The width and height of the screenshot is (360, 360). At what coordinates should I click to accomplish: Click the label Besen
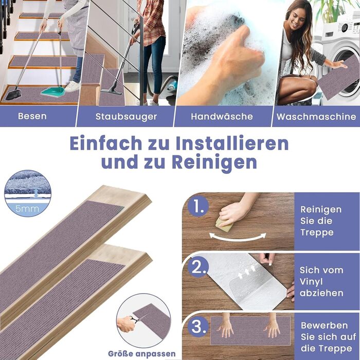point(32,116)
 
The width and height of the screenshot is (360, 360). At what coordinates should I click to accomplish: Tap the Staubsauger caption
point(127,117)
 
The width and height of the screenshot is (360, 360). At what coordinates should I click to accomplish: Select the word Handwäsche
point(222,116)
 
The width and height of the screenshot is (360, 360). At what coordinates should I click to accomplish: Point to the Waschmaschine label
point(316,117)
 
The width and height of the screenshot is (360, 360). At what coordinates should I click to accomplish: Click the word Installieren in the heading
point(232,143)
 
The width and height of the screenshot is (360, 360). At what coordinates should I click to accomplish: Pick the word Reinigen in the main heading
point(214,163)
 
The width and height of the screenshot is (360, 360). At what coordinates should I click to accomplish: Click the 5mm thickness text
point(27,209)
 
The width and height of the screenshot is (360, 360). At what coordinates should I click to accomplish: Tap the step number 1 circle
point(198,206)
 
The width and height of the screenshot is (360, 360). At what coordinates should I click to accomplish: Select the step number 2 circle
point(198,267)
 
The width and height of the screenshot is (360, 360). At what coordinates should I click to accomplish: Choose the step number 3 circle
point(198,327)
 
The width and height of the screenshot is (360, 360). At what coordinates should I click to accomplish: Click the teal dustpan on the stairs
point(53,92)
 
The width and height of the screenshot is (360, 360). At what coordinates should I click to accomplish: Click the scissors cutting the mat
point(135,319)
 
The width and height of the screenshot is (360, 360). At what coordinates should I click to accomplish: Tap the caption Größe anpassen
point(141,354)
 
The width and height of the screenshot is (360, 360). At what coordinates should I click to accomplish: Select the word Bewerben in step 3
point(324,326)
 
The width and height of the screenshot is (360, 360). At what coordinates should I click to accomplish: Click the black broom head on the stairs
point(13,94)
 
